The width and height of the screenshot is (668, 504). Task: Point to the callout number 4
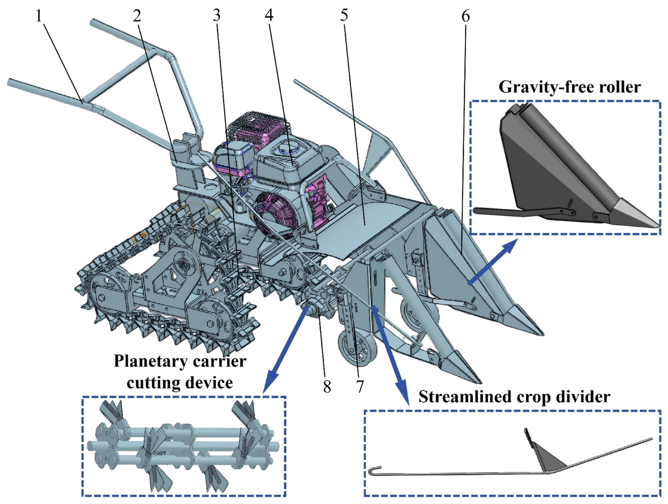coord(269,15)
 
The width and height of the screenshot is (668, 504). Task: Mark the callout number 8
coord(327,386)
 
